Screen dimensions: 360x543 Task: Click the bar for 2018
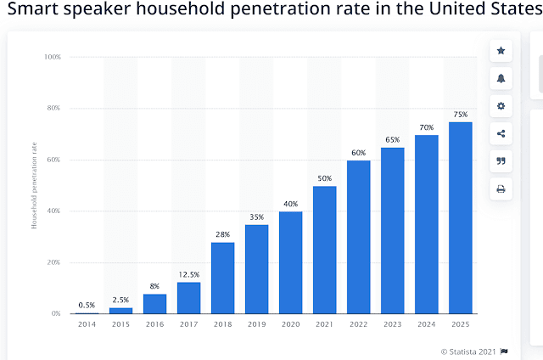point(223,278)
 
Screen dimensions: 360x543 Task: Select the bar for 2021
point(325,250)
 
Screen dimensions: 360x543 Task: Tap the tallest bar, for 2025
point(461,217)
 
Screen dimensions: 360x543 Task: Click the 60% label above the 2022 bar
point(359,152)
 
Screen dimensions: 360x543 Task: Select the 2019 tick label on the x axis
point(257,325)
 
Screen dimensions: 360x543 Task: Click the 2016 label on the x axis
point(155,325)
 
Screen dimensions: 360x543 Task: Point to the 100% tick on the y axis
point(52,57)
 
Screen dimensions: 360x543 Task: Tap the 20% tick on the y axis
point(53,262)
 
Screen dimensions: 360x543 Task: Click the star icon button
point(501,51)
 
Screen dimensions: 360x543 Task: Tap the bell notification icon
point(501,78)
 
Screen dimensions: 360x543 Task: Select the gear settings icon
point(501,106)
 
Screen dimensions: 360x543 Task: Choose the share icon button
point(501,133)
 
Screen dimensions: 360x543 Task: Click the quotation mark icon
point(501,161)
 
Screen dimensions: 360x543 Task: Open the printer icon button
point(501,188)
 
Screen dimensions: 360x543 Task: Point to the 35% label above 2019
point(257,217)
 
